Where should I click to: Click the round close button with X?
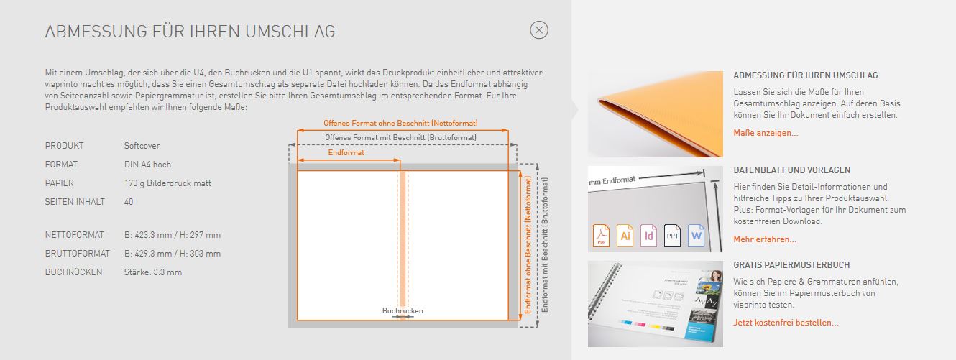539,30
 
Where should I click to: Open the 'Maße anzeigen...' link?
766,133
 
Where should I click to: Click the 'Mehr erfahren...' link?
765,239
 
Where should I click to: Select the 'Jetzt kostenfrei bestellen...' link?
786,323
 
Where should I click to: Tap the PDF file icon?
601,236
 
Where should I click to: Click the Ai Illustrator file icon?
625,236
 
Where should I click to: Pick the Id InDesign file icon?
648,236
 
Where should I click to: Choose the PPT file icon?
672,236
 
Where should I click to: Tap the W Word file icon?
696,236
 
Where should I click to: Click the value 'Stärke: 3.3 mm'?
153,272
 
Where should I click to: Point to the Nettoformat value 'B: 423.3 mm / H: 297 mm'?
173,235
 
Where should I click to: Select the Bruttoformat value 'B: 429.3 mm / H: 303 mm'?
173,254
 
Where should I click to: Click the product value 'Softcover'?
142,146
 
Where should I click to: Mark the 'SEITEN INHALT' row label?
75,202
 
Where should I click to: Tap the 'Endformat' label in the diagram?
346,153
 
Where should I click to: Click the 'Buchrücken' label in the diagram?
403,310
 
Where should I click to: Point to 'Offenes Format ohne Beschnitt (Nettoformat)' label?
400,124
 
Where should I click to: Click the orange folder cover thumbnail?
655,114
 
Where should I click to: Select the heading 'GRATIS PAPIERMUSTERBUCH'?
791,265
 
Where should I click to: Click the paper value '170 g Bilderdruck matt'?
167,183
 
